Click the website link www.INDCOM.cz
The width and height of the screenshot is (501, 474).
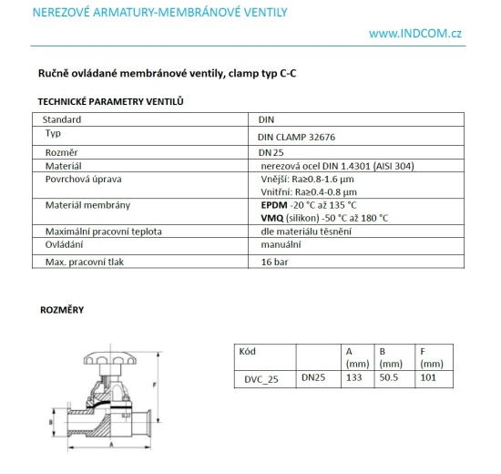[x=416, y=34]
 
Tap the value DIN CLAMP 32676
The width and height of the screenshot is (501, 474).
[x=296, y=135]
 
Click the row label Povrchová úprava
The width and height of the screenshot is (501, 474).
[x=84, y=180]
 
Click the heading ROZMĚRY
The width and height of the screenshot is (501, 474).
[x=62, y=310]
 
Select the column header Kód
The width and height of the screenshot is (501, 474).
[x=248, y=350]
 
